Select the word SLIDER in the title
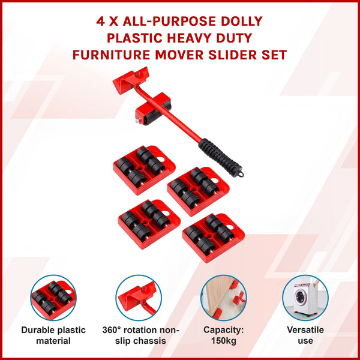pyautogui.click(x=229, y=55)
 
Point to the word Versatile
pyautogui.click(x=305, y=330)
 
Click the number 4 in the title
pyautogui.click(x=101, y=22)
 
